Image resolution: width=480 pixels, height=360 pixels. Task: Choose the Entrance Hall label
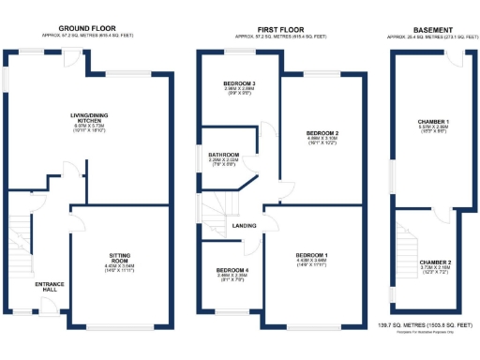pyautogui.click(x=49, y=286)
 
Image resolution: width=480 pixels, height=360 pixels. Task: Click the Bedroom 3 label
pyautogui.click(x=238, y=85)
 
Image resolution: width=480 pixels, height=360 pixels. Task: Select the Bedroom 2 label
pyautogui.click(x=322, y=134)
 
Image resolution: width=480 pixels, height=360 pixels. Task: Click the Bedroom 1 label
pyautogui.click(x=312, y=255)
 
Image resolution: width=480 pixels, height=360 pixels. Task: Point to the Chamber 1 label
pyautogui.click(x=433, y=123)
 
